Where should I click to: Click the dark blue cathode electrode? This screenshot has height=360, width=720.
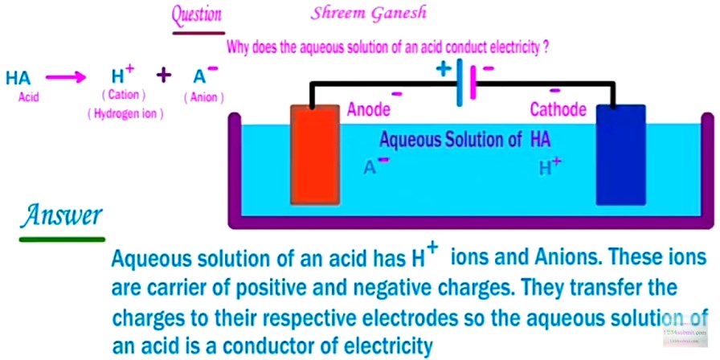coord(620,154)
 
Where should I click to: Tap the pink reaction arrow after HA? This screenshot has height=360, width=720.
coord(65,78)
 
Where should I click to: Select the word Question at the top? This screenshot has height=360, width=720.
coord(197,14)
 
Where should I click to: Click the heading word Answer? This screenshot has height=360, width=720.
coord(62,215)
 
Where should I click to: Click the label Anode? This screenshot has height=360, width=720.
coord(369,109)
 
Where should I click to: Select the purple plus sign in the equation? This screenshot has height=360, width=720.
coord(164,76)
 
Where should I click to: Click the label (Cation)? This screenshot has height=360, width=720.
coord(123,96)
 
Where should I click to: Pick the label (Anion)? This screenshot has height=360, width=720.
coord(203,97)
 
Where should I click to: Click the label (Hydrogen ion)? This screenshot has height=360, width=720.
coord(125,114)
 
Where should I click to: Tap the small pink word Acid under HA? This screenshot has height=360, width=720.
coord(28,97)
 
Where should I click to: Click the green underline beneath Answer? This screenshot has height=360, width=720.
coord(62,238)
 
